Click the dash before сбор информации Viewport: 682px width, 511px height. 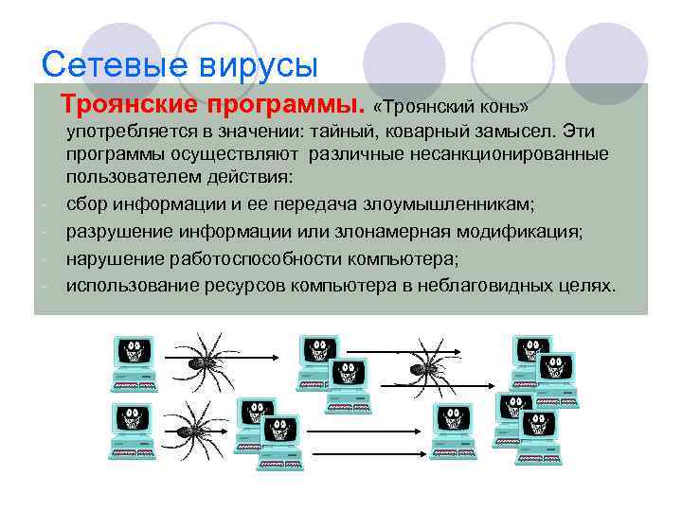coord(44,204)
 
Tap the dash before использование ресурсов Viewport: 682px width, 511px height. coord(44,286)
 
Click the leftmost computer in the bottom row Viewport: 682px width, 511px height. coord(132,430)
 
